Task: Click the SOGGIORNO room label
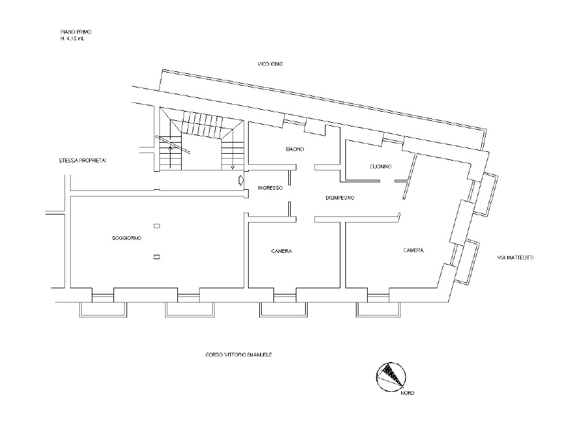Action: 126,238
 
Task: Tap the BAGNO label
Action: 295,149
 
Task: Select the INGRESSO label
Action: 270,188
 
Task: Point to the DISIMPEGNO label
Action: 340,198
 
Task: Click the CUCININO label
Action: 381,167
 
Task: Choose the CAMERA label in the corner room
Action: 413,250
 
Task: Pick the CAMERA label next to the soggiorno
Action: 282,251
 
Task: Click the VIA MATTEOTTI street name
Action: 515,258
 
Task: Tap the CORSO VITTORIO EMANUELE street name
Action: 239,355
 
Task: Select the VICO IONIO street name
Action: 270,64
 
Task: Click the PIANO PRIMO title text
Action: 76,32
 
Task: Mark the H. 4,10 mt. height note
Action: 73,38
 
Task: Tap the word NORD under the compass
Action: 407,393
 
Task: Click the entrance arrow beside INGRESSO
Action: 241,180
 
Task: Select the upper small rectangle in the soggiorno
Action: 157,226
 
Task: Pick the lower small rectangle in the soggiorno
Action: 157,257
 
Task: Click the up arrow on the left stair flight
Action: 171,156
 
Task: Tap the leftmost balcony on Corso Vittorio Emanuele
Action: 104,309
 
